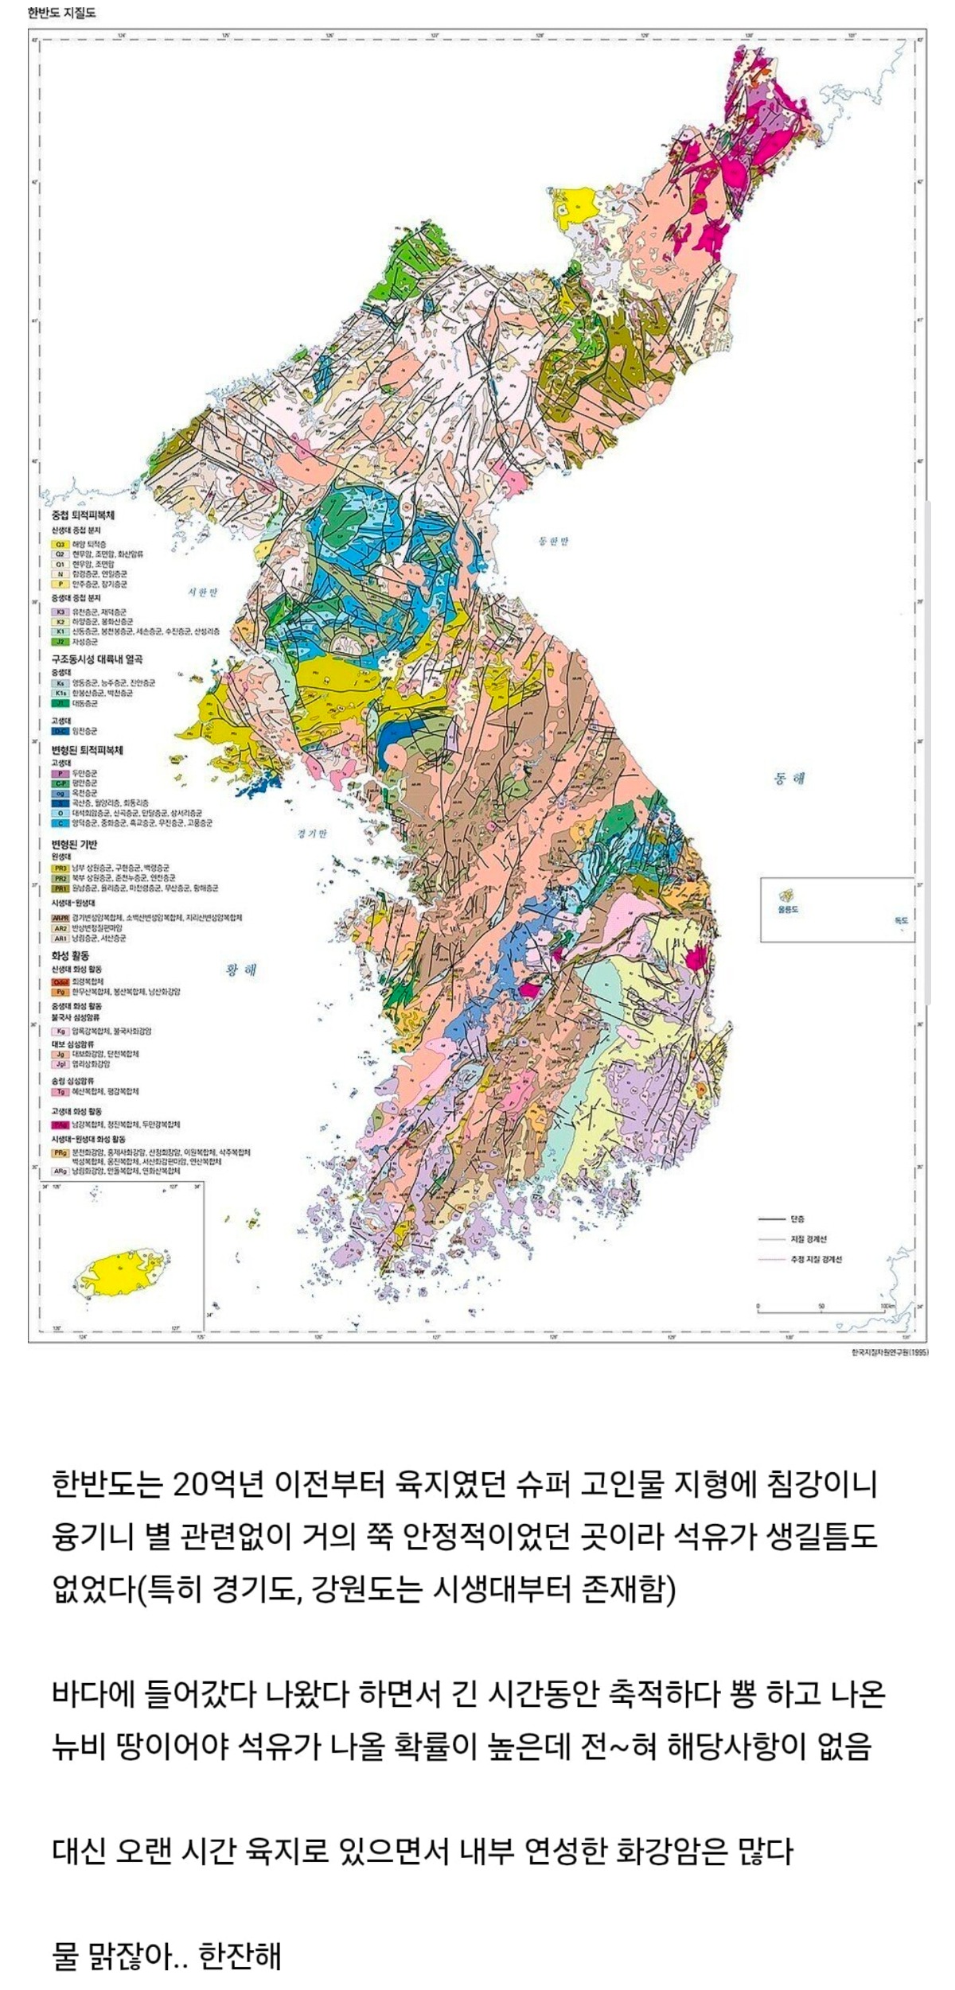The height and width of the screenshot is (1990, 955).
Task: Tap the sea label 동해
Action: point(789,779)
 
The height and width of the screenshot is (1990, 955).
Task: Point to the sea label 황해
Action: point(241,970)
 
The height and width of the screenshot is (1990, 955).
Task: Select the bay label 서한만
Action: point(202,593)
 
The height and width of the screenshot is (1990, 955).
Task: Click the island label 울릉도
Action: point(788,908)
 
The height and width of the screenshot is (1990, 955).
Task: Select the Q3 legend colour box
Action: point(60,543)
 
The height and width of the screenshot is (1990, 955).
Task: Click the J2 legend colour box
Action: point(60,641)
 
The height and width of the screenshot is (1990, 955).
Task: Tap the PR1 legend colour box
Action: point(60,888)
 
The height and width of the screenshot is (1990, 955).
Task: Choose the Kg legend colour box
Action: point(60,1031)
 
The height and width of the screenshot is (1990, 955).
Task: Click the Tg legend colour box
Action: point(60,1091)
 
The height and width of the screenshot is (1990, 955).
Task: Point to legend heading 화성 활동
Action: point(70,955)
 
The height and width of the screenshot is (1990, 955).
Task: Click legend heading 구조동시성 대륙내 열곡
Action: point(97,659)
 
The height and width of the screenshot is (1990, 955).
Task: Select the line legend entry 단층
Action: point(797,1219)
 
